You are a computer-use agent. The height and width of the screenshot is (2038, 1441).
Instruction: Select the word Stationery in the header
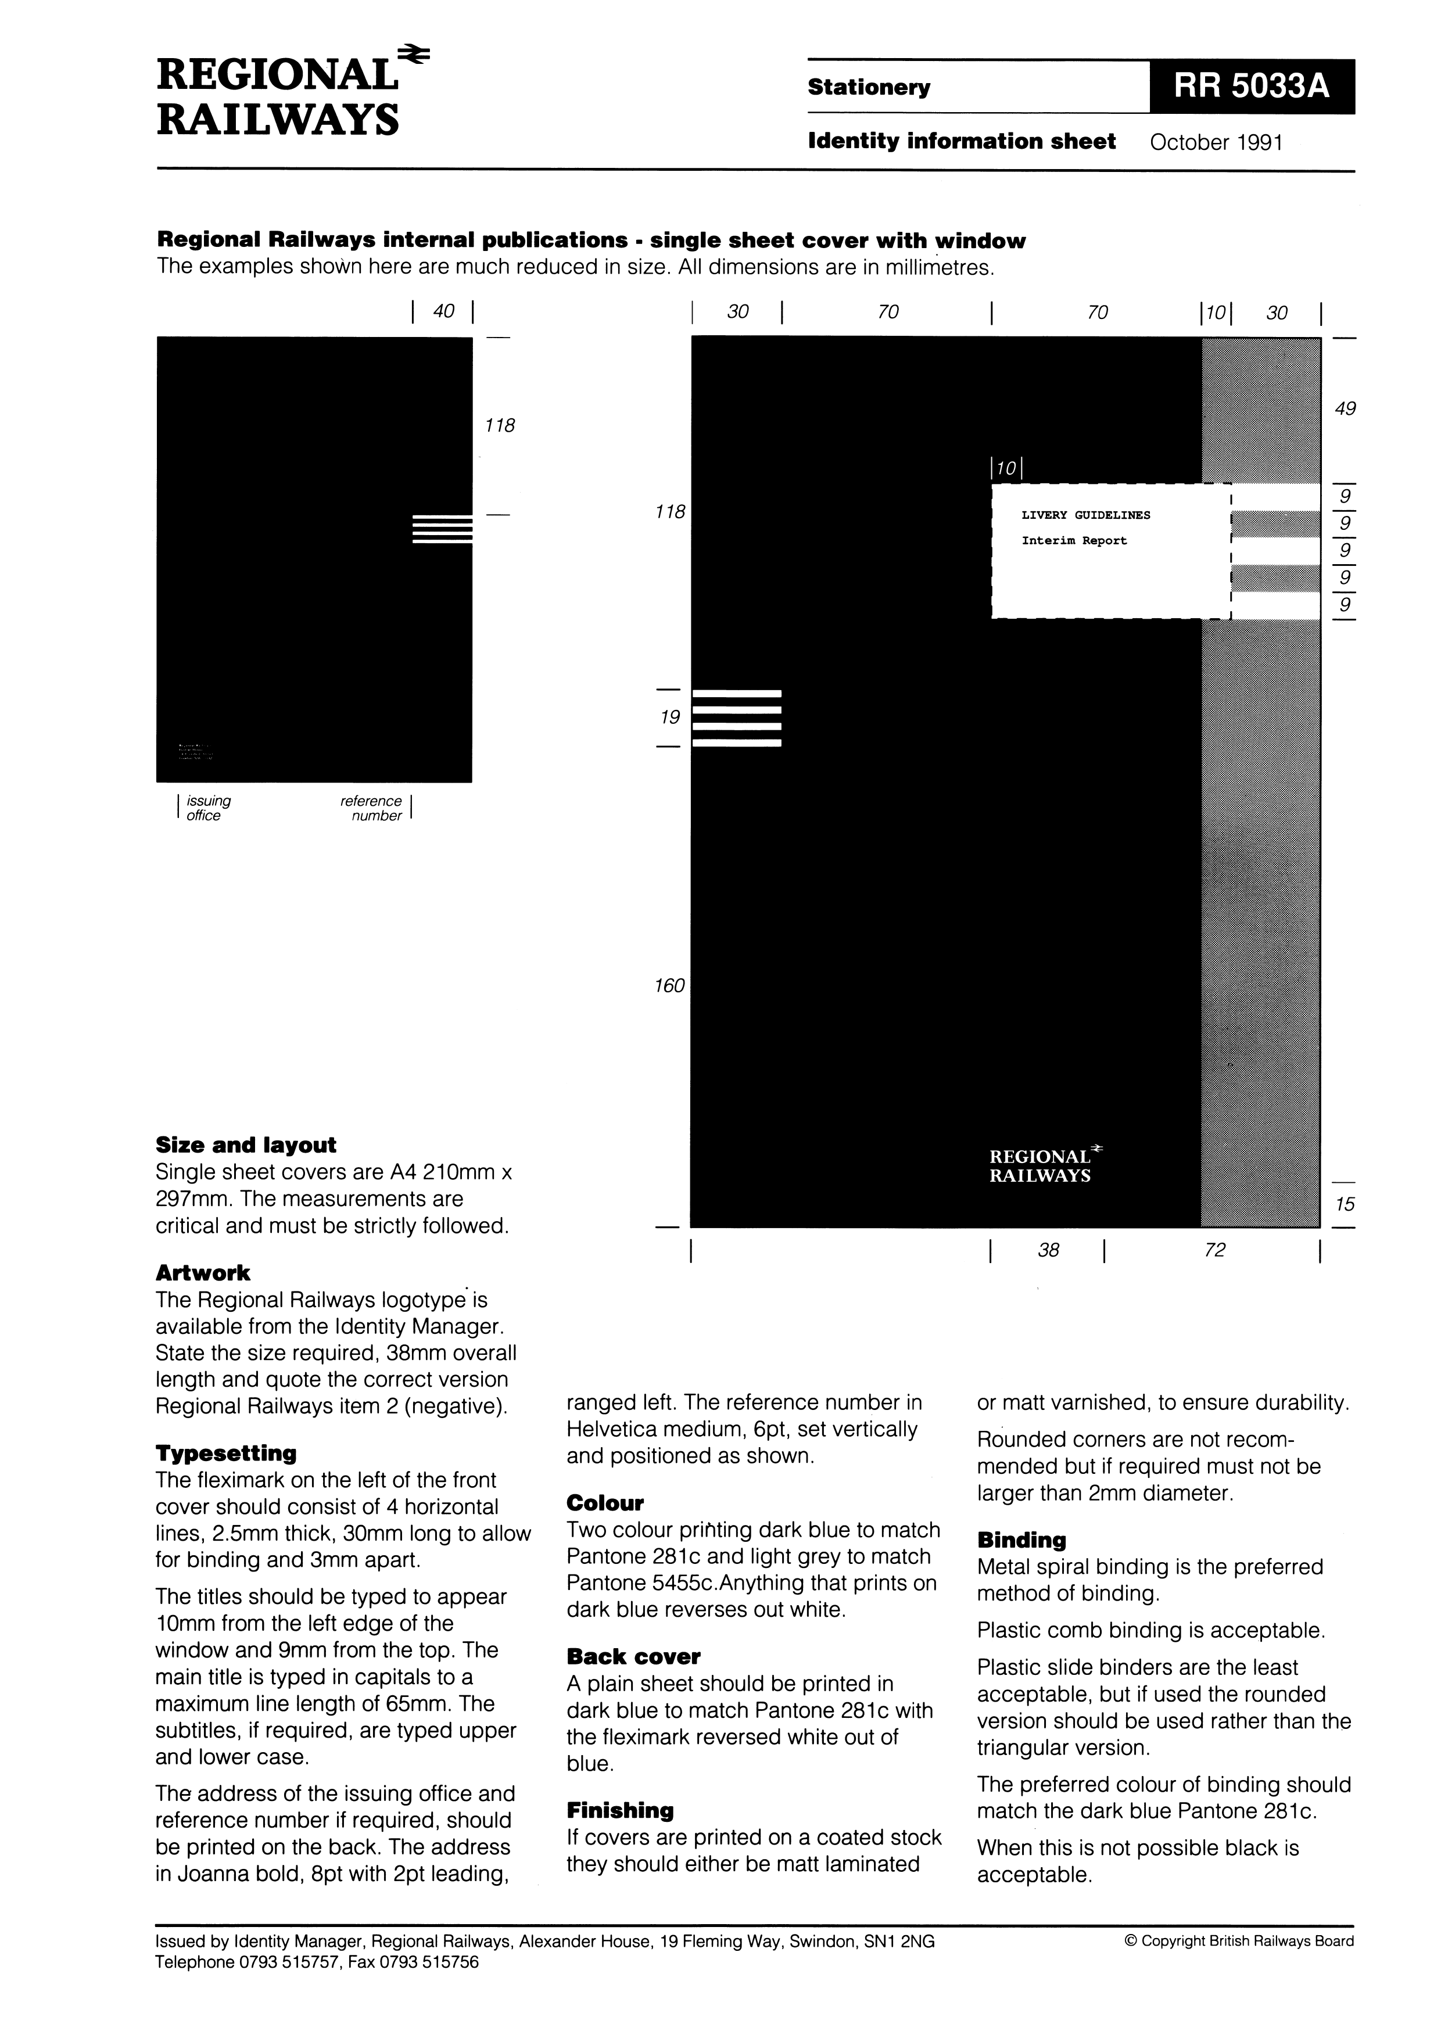(868, 87)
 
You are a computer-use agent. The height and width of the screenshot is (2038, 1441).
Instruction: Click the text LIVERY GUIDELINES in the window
(1085, 515)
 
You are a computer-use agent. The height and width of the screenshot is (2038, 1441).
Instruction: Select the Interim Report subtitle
(1073, 540)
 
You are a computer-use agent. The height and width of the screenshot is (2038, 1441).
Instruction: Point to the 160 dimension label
(669, 985)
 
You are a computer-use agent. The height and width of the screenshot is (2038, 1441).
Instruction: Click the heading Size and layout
(246, 1145)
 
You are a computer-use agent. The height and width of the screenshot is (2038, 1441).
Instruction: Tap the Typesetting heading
(225, 1453)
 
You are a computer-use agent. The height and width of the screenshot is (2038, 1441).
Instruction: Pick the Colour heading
(605, 1503)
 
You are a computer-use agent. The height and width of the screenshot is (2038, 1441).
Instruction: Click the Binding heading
(1021, 1540)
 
